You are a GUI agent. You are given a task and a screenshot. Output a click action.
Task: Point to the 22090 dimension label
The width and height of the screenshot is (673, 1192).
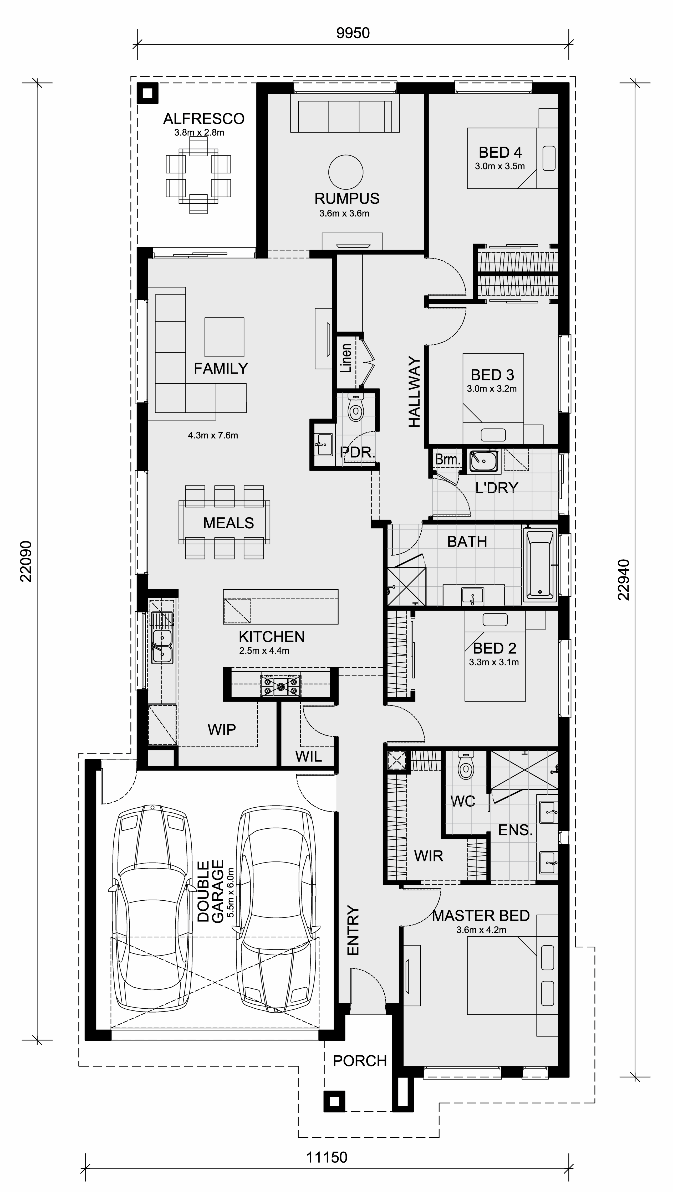pos(26,561)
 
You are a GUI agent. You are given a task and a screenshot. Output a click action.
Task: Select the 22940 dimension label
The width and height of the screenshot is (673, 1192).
pos(624,580)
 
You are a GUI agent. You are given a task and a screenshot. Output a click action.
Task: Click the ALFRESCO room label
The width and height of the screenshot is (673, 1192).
pos(204,119)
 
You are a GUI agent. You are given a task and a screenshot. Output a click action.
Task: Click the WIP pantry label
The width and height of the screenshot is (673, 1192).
pos(222,730)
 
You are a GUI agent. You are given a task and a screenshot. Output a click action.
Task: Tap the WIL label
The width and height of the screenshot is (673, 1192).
pos(308,757)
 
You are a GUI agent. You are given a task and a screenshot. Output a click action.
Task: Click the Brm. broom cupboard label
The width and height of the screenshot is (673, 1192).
pos(448,460)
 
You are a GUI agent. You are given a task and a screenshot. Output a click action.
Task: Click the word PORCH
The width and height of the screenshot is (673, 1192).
pos(360,1061)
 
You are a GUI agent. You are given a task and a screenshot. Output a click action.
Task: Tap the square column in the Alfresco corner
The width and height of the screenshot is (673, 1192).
pos(148,93)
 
